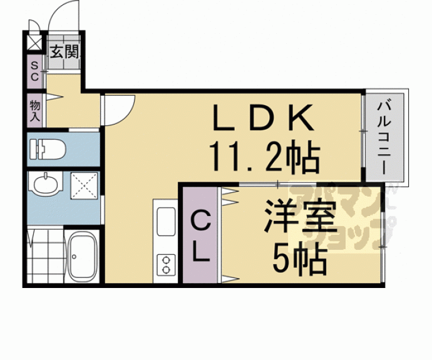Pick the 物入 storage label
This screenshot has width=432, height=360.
(34, 111)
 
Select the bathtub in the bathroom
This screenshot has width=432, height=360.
(81, 256)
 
